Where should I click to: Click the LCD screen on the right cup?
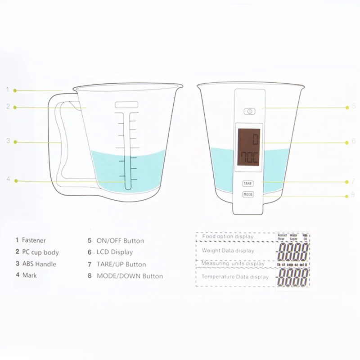249,147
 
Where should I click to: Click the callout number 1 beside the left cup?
8,90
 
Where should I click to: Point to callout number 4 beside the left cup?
8,179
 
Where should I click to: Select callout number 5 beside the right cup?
354,107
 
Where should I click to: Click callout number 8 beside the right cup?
353,195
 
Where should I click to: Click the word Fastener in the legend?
34,240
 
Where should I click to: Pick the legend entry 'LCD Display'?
115,252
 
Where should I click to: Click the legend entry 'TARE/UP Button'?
121,264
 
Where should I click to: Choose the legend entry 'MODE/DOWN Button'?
130,276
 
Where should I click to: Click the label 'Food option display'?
228,237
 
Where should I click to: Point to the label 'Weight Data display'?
228,251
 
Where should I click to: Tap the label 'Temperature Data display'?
235,277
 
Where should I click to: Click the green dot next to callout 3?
15,142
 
